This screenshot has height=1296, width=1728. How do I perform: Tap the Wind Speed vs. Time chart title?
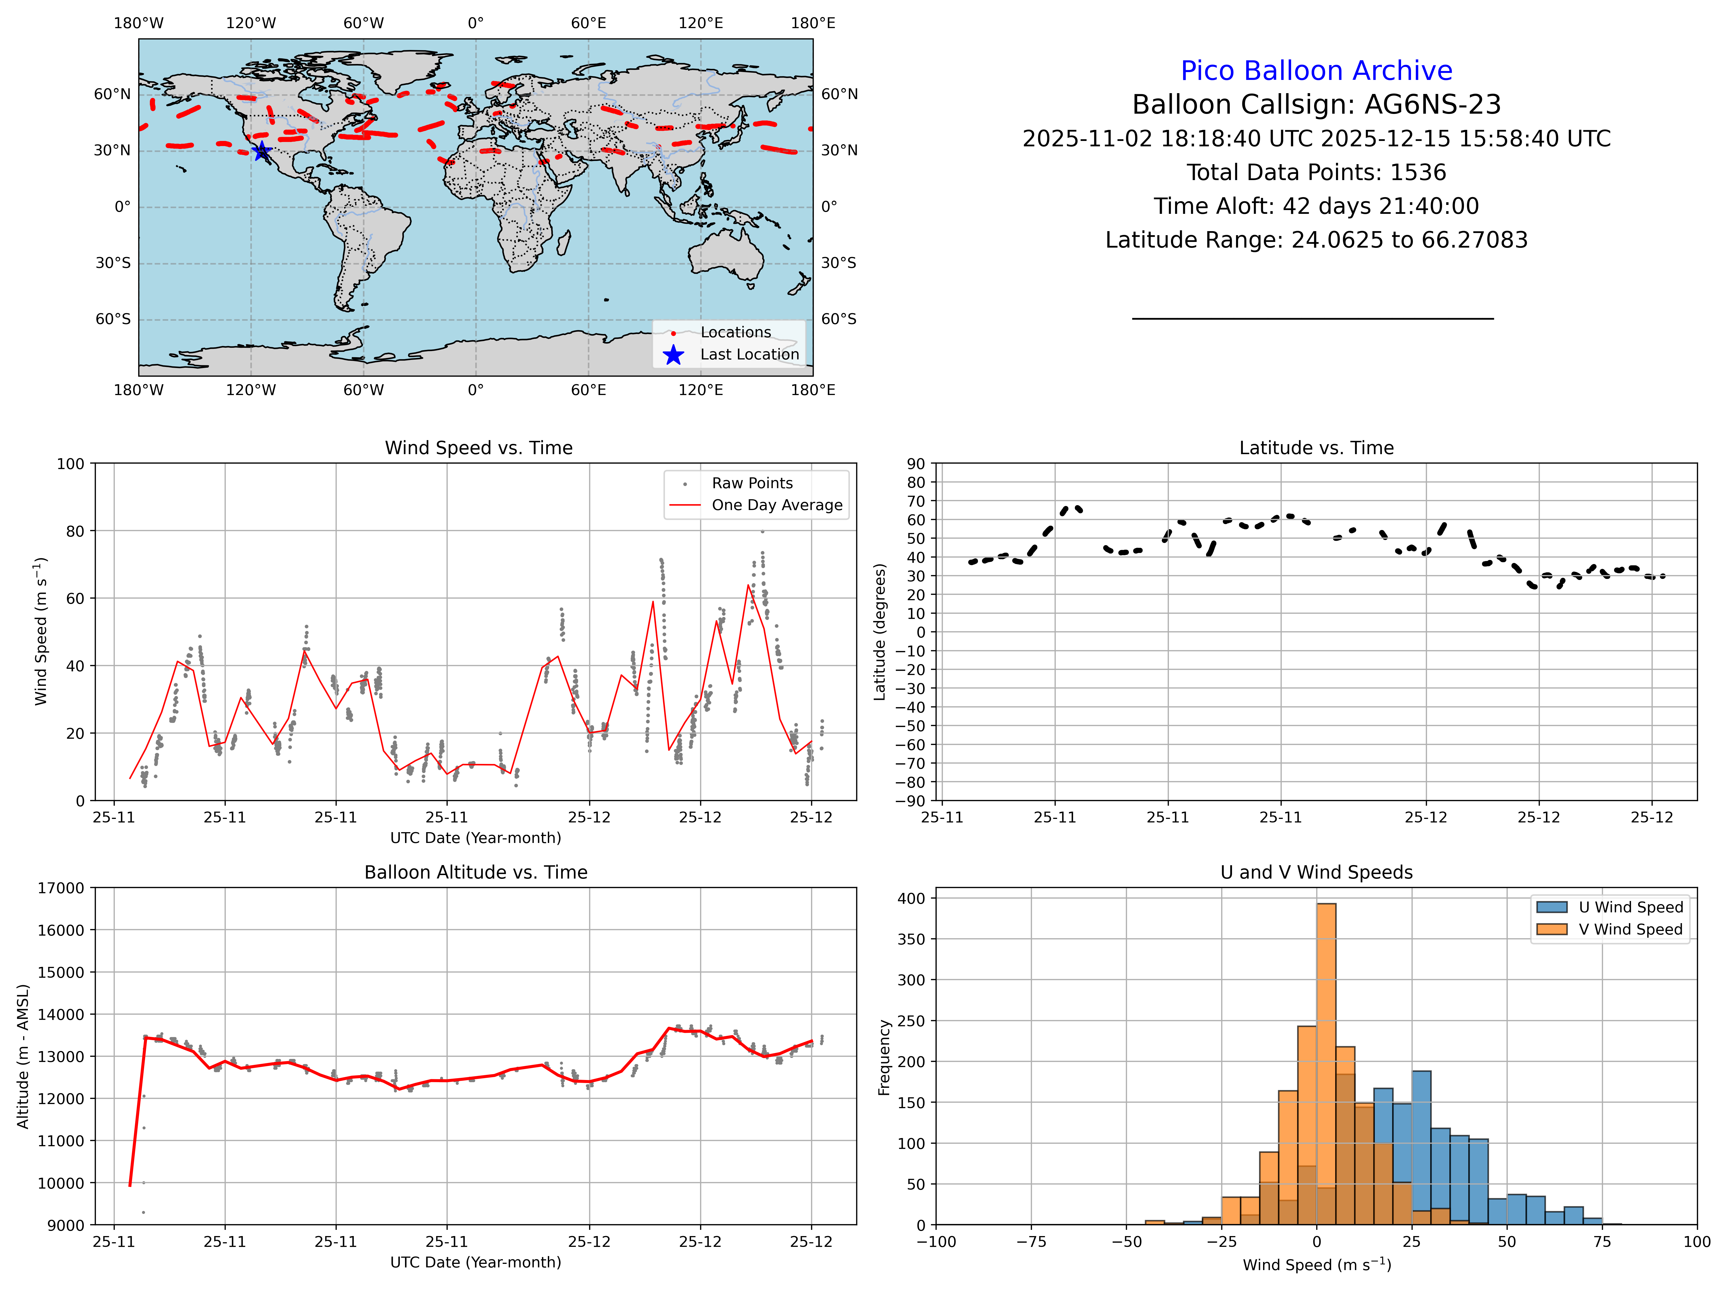coord(478,448)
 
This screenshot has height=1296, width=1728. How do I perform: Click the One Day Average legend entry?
coord(777,505)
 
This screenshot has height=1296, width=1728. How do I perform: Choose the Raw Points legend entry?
coord(751,484)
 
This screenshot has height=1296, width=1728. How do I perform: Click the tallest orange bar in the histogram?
coord(1326,1062)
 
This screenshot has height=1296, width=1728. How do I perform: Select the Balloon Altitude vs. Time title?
coord(476,873)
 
